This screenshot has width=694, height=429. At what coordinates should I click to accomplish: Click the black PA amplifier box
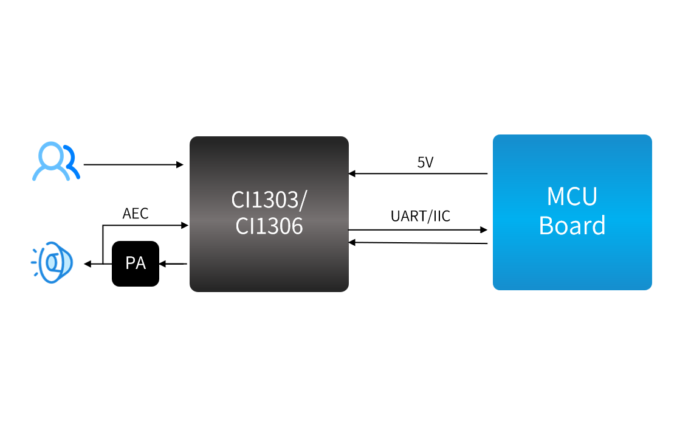pyautogui.click(x=135, y=263)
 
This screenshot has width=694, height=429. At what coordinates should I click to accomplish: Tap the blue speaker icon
pyautogui.click(x=53, y=262)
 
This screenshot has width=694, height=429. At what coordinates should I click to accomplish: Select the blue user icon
pyautogui.click(x=55, y=162)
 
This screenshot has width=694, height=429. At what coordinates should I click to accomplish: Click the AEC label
pyautogui.click(x=135, y=214)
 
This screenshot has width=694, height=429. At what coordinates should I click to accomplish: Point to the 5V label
pyautogui.click(x=425, y=162)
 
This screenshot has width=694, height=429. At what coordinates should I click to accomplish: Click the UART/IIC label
pyautogui.click(x=420, y=216)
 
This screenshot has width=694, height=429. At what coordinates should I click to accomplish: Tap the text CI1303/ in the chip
pyautogui.click(x=269, y=199)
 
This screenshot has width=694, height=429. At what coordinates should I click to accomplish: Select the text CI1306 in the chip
pyautogui.click(x=269, y=226)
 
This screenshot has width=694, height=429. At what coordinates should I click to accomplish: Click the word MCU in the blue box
pyautogui.click(x=572, y=197)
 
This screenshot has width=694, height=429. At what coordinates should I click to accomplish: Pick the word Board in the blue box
pyautogui.click(x=572, y=226)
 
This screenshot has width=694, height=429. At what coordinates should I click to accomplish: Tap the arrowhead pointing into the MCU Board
pyautogui.click(x=484, y=230)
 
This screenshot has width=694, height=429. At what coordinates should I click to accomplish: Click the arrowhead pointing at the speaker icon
pyautogui.click(x=88, y=263)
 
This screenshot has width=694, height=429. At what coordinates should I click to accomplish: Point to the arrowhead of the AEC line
pyautogui.click(x=185, y=225)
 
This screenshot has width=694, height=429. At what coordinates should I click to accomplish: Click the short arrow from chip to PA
pyautogui.click(x=173, y=263)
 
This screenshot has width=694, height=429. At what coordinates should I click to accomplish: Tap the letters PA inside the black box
pyautogui.click(x=135, y=263)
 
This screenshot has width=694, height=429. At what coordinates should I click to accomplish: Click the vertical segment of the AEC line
pyautogui.click(x=103, y=243)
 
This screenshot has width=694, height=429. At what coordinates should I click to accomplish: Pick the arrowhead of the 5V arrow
pyautogui.click(x=352, y=173)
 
